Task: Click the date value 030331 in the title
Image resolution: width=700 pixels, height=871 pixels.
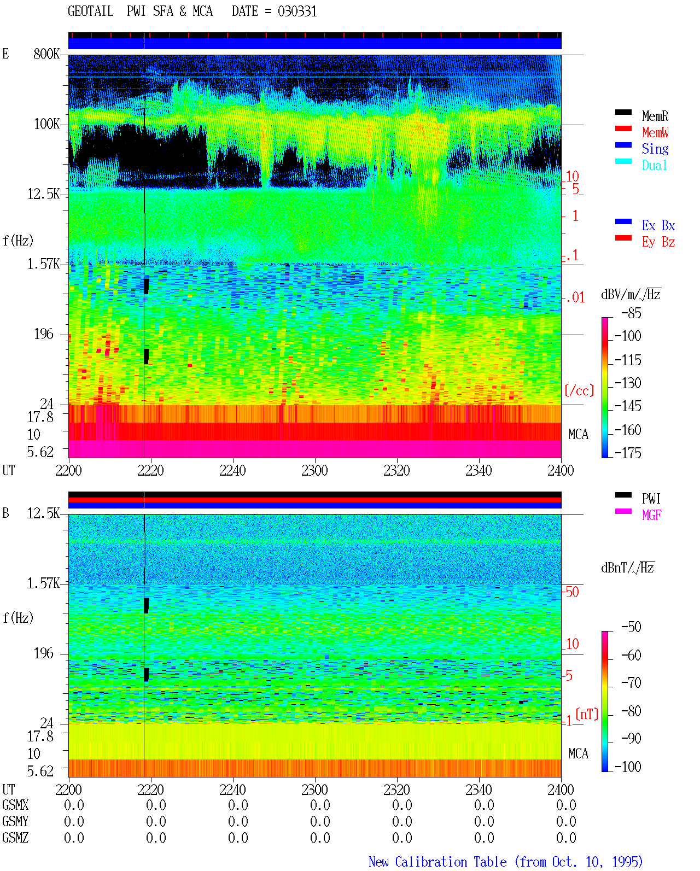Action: click(297, 11)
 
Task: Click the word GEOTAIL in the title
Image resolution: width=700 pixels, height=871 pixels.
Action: click(91, 11)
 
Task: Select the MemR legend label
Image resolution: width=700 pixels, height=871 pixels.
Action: click(655, 116)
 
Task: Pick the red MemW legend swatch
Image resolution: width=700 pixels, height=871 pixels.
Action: click(623, 128)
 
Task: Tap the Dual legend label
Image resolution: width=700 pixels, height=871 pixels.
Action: click(655, 165)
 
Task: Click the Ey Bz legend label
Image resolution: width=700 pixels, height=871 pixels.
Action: click(658, 242)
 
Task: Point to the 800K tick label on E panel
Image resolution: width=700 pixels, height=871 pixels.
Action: click(46, 54)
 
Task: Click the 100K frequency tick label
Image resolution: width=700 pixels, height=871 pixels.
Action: click(46, 124)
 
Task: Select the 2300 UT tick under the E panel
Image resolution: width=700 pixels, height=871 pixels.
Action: click(314, 470)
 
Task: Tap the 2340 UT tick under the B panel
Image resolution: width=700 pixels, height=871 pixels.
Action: click(479, 790)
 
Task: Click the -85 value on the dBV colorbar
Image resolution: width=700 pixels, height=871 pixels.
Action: click(631, 313)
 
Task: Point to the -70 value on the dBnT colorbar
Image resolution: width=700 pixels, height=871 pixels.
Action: click(631, 683)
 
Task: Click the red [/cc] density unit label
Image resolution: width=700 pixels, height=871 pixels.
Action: click(579, 390)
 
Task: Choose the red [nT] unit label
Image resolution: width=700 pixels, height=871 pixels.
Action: click(587, 714)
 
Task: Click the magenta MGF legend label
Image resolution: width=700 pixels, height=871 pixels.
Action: click(651, 515)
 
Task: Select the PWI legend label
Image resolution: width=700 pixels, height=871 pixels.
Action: click(651, 499)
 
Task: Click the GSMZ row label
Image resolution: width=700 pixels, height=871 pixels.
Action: click(15, 838)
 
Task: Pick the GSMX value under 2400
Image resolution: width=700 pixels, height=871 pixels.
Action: click(566, 805)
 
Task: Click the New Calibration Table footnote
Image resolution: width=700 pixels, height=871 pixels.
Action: click(505, 862)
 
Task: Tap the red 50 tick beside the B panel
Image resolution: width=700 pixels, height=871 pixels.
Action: click(571, 592)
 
